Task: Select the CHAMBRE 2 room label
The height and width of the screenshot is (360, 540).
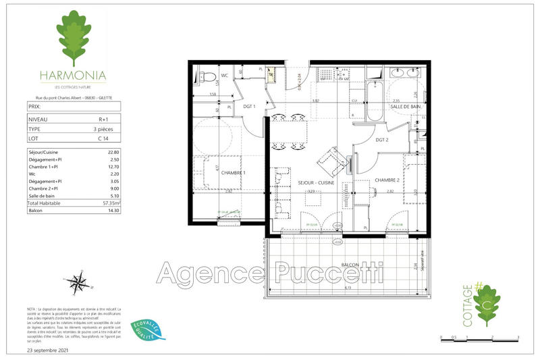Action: tap(388, 180)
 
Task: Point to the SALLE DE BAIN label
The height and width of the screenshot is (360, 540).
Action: tap(406, 107)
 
